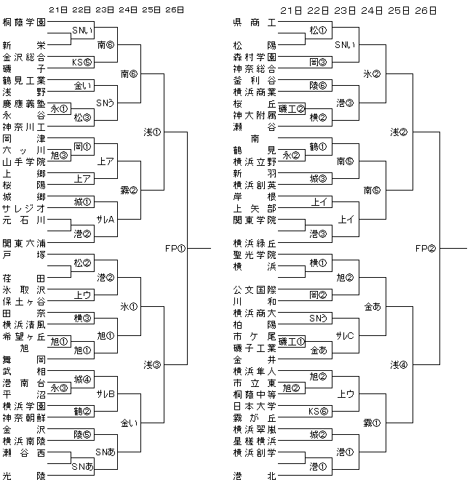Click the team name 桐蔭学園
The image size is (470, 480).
[24, 23]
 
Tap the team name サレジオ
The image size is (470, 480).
[24, 208]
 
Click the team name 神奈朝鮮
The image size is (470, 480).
[24, 417]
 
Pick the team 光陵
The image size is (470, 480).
[24, 475]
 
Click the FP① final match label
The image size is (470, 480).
[175, 248]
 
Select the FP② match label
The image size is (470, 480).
[425, 248]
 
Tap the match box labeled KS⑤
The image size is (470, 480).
[81, 61]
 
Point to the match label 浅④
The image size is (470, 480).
[399, 364]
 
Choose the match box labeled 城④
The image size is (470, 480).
[81, 378]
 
